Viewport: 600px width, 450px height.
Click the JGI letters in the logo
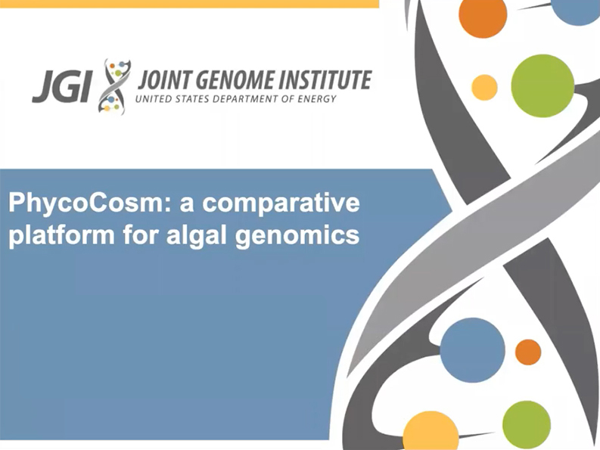click(x=62, y=86)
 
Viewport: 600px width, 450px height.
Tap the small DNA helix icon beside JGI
click(x=114, y=86)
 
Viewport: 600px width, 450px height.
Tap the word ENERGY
click(x=317, y=99)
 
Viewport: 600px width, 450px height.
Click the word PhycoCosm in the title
click(x=90, y=203)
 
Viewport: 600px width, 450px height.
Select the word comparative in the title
click(x=281, y=203)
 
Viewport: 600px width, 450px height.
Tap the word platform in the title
click(x=61, y=234)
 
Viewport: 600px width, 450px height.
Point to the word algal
click(x=197, y=234)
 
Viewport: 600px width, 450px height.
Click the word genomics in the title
click(x=297, y=235)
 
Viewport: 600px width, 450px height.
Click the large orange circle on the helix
click(x=483, y=15)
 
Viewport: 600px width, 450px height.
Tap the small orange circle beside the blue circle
click(x=528, y=352)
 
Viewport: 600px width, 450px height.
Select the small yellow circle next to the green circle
click(x=484, y=88)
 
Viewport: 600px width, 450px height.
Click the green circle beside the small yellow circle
click(x=542, y=85)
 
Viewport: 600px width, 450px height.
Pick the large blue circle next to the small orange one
click(x=472, y=350)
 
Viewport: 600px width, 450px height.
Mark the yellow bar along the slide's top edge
click(x=189, y=4)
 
